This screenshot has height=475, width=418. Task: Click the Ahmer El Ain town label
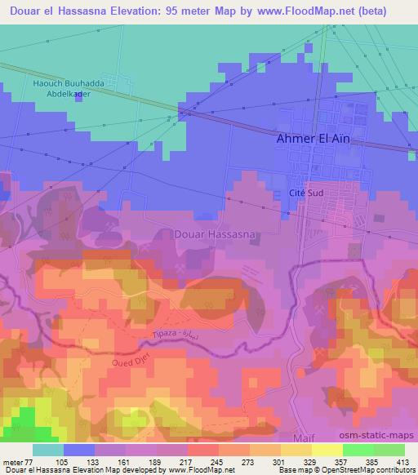(313, 139)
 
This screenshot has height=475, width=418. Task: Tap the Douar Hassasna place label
(216, 234)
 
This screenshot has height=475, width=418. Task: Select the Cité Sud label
(308, 192)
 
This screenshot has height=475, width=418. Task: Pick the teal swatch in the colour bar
(47, 450)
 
